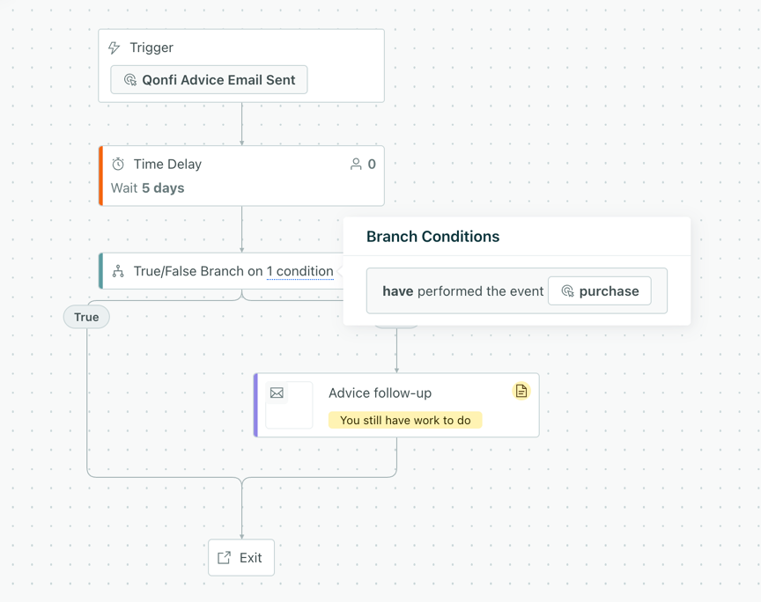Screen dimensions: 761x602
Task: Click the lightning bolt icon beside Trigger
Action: click(114, 48)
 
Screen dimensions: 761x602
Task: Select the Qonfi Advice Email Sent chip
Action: click(209, 79)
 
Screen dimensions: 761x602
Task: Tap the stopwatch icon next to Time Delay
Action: click(118, 164)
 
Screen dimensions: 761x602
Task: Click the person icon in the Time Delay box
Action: click(356, 164)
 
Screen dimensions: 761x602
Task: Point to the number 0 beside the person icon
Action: click(372, 164)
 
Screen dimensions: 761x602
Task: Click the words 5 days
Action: click(163, 187)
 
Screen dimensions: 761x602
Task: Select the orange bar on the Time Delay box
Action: click(101, 176)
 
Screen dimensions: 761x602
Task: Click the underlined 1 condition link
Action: click(300, 271)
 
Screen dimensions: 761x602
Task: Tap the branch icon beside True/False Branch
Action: click(118, 271)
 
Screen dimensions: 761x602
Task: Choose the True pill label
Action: click(86, 317)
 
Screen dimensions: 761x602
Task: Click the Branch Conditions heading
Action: click(433, 236)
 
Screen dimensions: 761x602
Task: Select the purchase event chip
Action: click(600, 291)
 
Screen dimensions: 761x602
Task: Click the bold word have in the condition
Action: click(398, 291)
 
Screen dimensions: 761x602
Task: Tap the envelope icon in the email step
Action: click(277, 393)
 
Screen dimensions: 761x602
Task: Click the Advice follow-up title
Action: click(380, 393)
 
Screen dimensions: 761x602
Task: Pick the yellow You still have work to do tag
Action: click(405, 420)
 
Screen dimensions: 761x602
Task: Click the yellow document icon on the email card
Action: click(521, 391)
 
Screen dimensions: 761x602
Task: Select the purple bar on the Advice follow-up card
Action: click(255, 405)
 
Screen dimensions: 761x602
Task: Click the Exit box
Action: click(241, 558)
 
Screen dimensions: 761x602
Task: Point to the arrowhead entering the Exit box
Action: click(241, 537)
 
